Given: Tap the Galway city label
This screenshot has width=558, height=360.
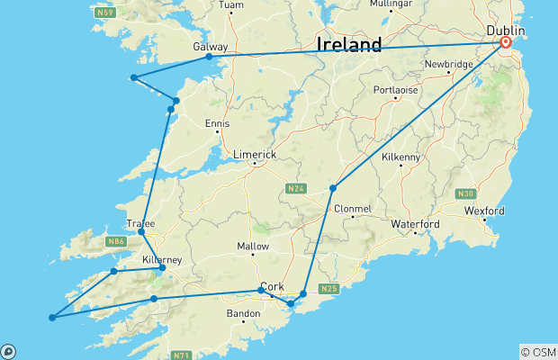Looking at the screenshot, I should (210, 46).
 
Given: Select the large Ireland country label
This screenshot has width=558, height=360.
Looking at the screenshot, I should (348, 44).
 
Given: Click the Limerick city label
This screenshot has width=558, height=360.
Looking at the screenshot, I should (255, 155).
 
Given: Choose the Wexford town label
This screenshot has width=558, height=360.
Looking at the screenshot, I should (486, 211).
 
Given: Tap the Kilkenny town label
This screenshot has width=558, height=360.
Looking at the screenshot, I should (400, 157).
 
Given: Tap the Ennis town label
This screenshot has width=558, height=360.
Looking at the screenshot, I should (217, 123).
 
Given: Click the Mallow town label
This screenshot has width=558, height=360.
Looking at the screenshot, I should (253, 246).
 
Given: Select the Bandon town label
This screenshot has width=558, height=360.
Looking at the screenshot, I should (243, 313).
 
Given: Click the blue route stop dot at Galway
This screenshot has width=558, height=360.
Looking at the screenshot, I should (209, 57).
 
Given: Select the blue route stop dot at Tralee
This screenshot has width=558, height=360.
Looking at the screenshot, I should (141, 231).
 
